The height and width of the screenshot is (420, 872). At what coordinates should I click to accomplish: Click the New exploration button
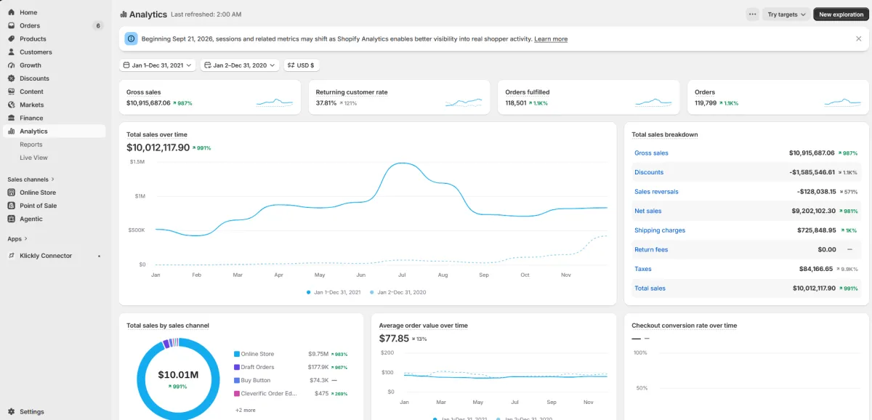tap(841, 15)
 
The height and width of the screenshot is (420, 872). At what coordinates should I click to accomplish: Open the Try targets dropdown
tap(786, 15)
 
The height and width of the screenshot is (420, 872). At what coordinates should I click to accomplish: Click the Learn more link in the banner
tap(551, 39)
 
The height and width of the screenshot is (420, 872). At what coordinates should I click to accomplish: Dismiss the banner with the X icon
tap(858, 39)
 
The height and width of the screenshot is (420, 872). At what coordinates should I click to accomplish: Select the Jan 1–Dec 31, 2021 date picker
tap(157, 65)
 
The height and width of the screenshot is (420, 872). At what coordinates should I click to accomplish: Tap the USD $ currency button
tap(301, 65)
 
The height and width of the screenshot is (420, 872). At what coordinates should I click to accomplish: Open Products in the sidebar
tap(33, 39)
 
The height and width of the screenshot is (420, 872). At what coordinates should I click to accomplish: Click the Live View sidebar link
tap(33, 158)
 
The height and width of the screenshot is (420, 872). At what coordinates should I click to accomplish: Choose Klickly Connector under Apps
tap(46, 255)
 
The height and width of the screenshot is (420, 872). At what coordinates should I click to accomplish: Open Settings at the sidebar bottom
tap(31, 411)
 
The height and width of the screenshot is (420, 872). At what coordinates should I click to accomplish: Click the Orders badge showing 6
tap(97, 25)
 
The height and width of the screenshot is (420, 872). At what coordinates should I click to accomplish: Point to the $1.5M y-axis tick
tap(137, 161)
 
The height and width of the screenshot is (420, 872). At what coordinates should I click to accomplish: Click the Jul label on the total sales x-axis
tap(402, 275)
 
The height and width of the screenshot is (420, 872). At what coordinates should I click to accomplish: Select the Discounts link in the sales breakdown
tap(648, 172)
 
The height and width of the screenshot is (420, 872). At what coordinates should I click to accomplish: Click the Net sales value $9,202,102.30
tap(813, 211)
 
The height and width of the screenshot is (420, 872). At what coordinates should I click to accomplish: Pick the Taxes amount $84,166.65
tap(815, 269)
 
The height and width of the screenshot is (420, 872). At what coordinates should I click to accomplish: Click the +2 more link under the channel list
tap(246, 410)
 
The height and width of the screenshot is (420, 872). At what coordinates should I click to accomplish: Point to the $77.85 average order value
tap(394, 339)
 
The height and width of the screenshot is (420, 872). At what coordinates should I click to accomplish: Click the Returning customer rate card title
tap(351, 92)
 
